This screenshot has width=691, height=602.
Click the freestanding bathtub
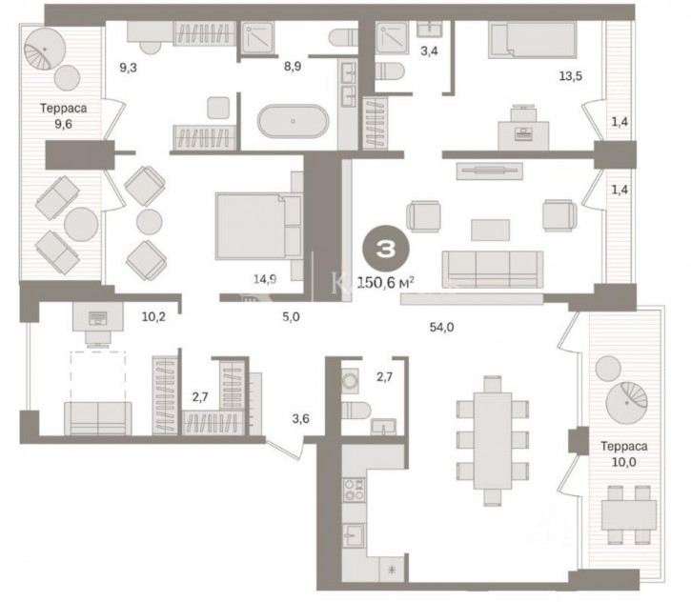(293, 121)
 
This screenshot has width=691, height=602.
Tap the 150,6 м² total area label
(385, 282)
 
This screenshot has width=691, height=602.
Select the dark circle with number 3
(386, 249)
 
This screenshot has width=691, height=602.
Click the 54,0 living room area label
(441, 328)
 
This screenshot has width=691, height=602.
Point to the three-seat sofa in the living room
(493, 269)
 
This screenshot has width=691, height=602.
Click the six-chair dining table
(493, 441)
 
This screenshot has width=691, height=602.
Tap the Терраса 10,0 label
(624, 454)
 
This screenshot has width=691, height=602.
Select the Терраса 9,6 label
(64, 116)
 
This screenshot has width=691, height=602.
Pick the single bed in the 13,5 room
(533, 40)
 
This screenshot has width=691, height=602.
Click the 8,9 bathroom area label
(293, 67)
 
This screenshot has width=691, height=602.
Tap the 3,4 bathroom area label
(429, 51)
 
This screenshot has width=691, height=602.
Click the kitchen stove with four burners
(355, 491)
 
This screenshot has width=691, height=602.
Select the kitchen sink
(355, 535)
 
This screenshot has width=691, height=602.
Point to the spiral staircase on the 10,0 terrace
(626, 403)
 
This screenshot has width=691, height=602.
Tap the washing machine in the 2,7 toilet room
(350, 380)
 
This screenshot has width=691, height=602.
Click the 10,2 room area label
(153, 316)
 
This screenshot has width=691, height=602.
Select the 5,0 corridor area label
(291, 316)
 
